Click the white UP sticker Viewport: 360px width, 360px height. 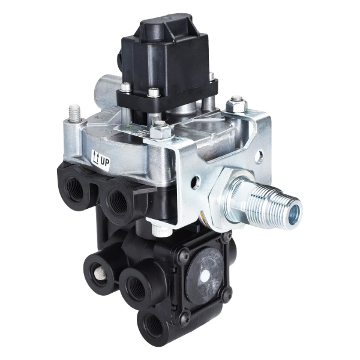(101, 158)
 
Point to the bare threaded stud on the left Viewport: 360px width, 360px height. (76, 112)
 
